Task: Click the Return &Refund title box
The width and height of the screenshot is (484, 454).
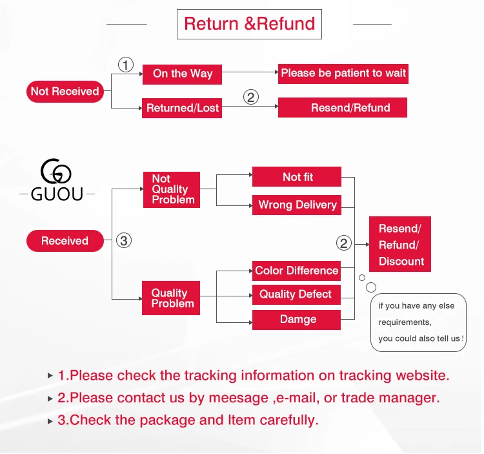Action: click(x=249, y=24)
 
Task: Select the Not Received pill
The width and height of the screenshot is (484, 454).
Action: click(x=65, y=92)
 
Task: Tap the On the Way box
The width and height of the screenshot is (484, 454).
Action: click(x=182, y=74)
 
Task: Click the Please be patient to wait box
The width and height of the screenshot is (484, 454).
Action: click(x=343, y=74)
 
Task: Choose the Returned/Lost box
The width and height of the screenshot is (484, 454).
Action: click(x=182, y=108)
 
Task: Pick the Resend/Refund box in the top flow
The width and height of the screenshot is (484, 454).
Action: click(x=343, y=107)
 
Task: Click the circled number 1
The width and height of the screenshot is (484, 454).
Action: click(x=126, y=65)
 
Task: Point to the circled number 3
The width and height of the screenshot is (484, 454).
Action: click(x=124, y=241)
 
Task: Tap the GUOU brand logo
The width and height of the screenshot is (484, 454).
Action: click(x=57, y=180)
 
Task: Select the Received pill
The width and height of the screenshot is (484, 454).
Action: click(x=65, y=241)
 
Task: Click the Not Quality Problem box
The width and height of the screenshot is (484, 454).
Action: click(x=172, y=190)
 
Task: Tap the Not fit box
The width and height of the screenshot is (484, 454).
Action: click(x=297, y=177)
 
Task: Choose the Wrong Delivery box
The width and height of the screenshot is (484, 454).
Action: click(x=297, y=205)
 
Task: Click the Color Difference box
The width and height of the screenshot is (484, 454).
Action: click(x=296, y=271)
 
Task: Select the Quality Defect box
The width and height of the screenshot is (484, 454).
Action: click(x=296, y=294)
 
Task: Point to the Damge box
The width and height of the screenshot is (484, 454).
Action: click(x=296, y=320)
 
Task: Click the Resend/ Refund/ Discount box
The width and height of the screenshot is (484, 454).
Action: click(x=400, y=244)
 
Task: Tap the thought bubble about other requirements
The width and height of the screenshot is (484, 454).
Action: click(x=418, y=322)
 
